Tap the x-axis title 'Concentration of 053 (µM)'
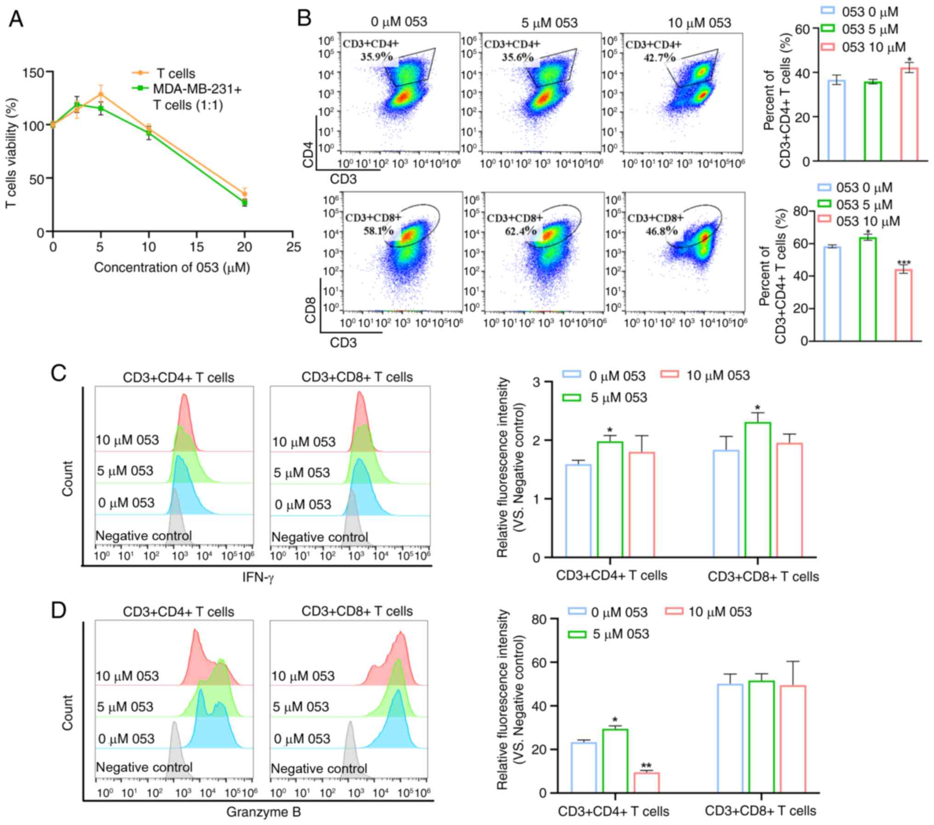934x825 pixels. point(172,267)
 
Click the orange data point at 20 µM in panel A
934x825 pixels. point(245,194)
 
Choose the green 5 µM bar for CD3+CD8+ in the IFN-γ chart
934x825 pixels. point(757,489)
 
